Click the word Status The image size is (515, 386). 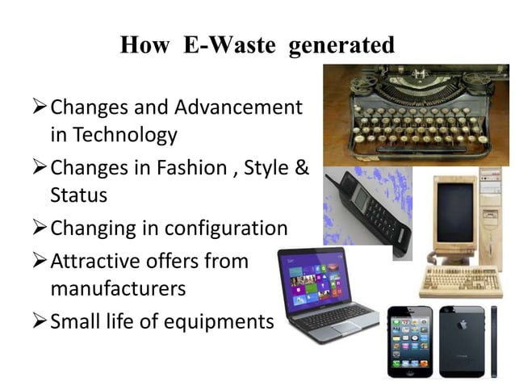(78, 195)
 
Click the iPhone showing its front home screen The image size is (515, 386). (410, 342)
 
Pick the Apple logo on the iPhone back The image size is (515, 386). (462, 323)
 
